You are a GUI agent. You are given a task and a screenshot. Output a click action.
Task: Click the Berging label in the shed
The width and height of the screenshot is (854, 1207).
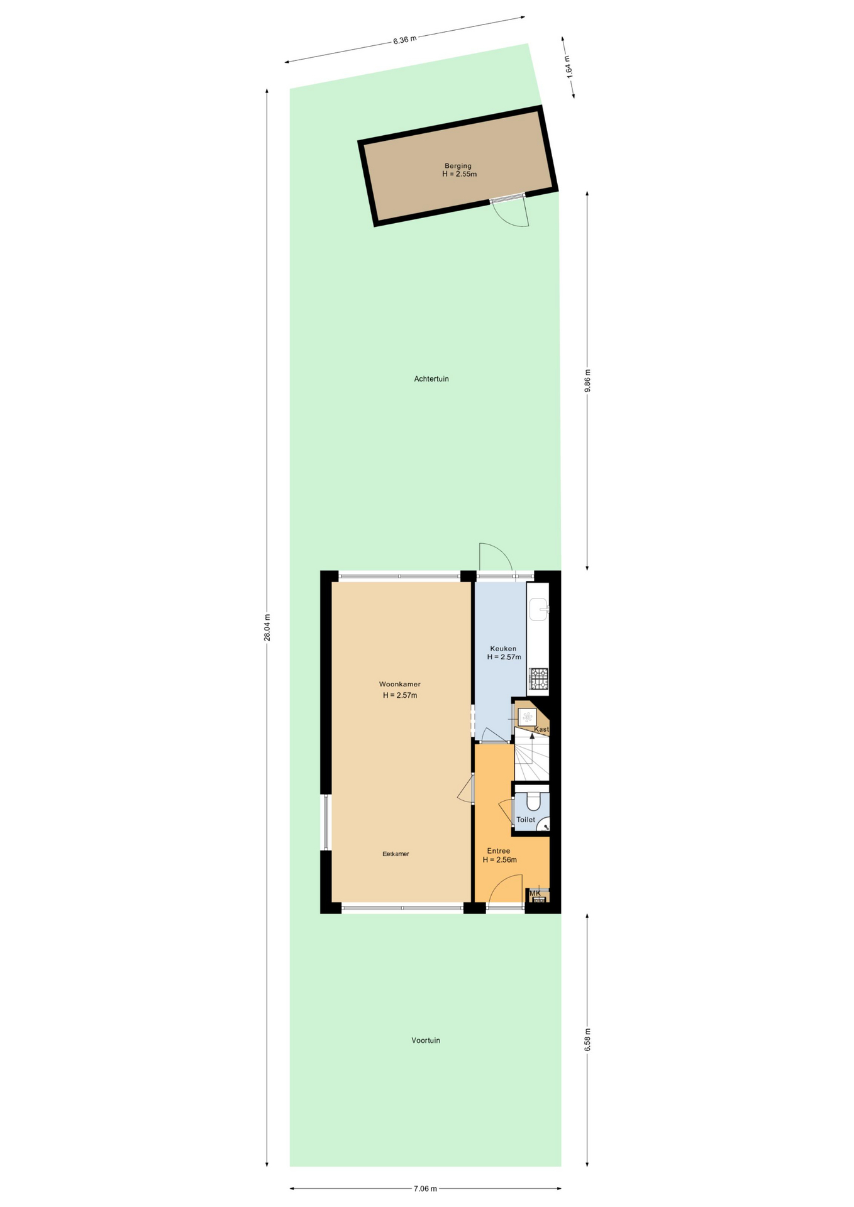coord(458,166)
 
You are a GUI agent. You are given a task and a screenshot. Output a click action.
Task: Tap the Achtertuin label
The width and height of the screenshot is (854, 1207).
coord(431,379)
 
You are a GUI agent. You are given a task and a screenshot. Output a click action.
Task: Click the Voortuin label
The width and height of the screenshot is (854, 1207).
coord(426,1040)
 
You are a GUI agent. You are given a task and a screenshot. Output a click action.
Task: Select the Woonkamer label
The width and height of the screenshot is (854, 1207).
coord(400,684)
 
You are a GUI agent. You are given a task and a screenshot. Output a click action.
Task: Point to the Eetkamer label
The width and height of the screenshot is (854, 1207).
coord(396,854)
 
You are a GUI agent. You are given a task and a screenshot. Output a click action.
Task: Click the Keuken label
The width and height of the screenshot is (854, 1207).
coord(503,649)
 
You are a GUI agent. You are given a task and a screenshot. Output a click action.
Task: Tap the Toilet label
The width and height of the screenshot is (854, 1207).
coord(526,820)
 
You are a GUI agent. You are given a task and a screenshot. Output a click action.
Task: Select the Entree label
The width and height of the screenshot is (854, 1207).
coord(499,851)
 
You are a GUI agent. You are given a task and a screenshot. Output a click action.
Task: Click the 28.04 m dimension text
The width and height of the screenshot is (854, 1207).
coord(267,627)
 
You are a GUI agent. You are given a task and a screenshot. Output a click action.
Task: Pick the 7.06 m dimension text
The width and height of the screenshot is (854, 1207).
coord(425,1189)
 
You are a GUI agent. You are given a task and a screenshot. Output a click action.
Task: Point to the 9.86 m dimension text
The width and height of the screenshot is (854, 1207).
coord(587,380)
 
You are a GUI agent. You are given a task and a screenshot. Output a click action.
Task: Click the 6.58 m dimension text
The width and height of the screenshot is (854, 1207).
coord(587,1039)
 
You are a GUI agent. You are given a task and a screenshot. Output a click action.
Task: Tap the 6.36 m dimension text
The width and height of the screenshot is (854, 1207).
coord(405,40)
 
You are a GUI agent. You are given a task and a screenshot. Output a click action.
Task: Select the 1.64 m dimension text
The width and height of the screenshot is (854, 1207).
coord(568,67)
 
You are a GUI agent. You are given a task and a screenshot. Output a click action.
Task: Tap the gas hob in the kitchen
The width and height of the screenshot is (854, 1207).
coord(539,678)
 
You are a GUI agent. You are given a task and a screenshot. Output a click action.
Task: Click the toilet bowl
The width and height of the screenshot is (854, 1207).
coord(533,801)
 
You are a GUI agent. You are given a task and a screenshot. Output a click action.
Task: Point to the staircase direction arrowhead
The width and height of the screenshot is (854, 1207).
coord(533,735)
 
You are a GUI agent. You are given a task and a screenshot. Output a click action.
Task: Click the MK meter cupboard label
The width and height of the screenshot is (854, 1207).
coord(535,893)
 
